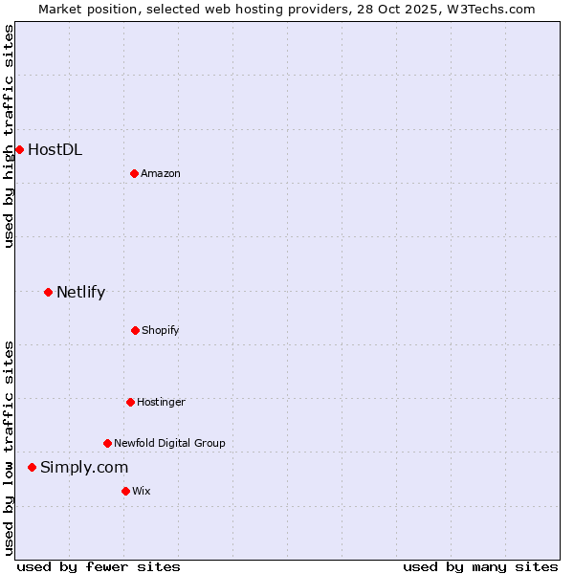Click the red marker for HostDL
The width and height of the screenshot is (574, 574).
pos(19,149)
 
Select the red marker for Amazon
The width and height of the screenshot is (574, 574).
pos(134,173)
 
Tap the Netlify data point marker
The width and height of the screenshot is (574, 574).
pos(48,292)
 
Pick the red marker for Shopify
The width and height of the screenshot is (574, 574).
pos(135,330)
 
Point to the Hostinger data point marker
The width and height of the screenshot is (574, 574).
pos(130,402)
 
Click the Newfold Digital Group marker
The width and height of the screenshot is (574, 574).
pos(107,443)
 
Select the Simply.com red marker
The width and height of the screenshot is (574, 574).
pos(32,467)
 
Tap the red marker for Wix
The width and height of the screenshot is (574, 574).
pos(125,491)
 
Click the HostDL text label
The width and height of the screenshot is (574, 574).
pos(55,149)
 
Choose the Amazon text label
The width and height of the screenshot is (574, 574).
pos(161,173)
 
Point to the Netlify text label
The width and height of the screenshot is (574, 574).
pos(80,292)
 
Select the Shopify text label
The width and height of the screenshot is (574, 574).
pos(161,330)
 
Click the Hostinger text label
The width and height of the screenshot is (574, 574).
pos(161,402)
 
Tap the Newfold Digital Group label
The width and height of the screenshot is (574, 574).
pos(169,443)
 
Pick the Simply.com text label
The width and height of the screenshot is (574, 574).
pos(84,467)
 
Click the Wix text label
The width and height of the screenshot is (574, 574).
pos(142,491)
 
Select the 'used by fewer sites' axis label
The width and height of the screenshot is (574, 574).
pos(99,566)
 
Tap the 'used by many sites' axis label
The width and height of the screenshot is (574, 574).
pos(480,566)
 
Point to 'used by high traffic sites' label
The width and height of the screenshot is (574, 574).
pos(9,136)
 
